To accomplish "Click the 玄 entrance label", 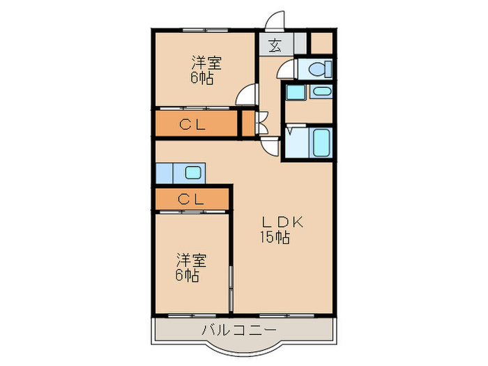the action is pyautogui.click(x=275, y=46).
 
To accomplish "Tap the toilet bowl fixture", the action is pyautogui.click(x=319, y=69).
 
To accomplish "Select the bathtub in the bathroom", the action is pyautogui.click(x=321, y=143).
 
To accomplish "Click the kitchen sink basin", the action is pyautogui.click(x=193, y=172).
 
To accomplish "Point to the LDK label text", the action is pyautogui.click(x=282, y=222).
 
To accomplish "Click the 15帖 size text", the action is pyautogui.click(x=275, y=238).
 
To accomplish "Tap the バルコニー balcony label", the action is pyautogui.click(x=239, y=330).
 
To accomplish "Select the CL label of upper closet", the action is pyautogui.click(x=192, y=125).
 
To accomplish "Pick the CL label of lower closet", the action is pyautogui.click(x=191, y=199).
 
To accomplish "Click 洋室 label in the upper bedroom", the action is pyautogui.click(x=206, y=63).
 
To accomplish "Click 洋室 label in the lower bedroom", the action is pyautogui.click(x=192, y=261).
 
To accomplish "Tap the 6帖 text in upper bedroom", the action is pyautogui.click(x=202, y=78).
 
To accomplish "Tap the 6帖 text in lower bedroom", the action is pyautogui.click(x=188, y=275).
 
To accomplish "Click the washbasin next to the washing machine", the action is pyautogui.click(x=321, y=91).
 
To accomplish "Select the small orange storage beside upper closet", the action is pyautogui.click(x=248, y=123).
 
